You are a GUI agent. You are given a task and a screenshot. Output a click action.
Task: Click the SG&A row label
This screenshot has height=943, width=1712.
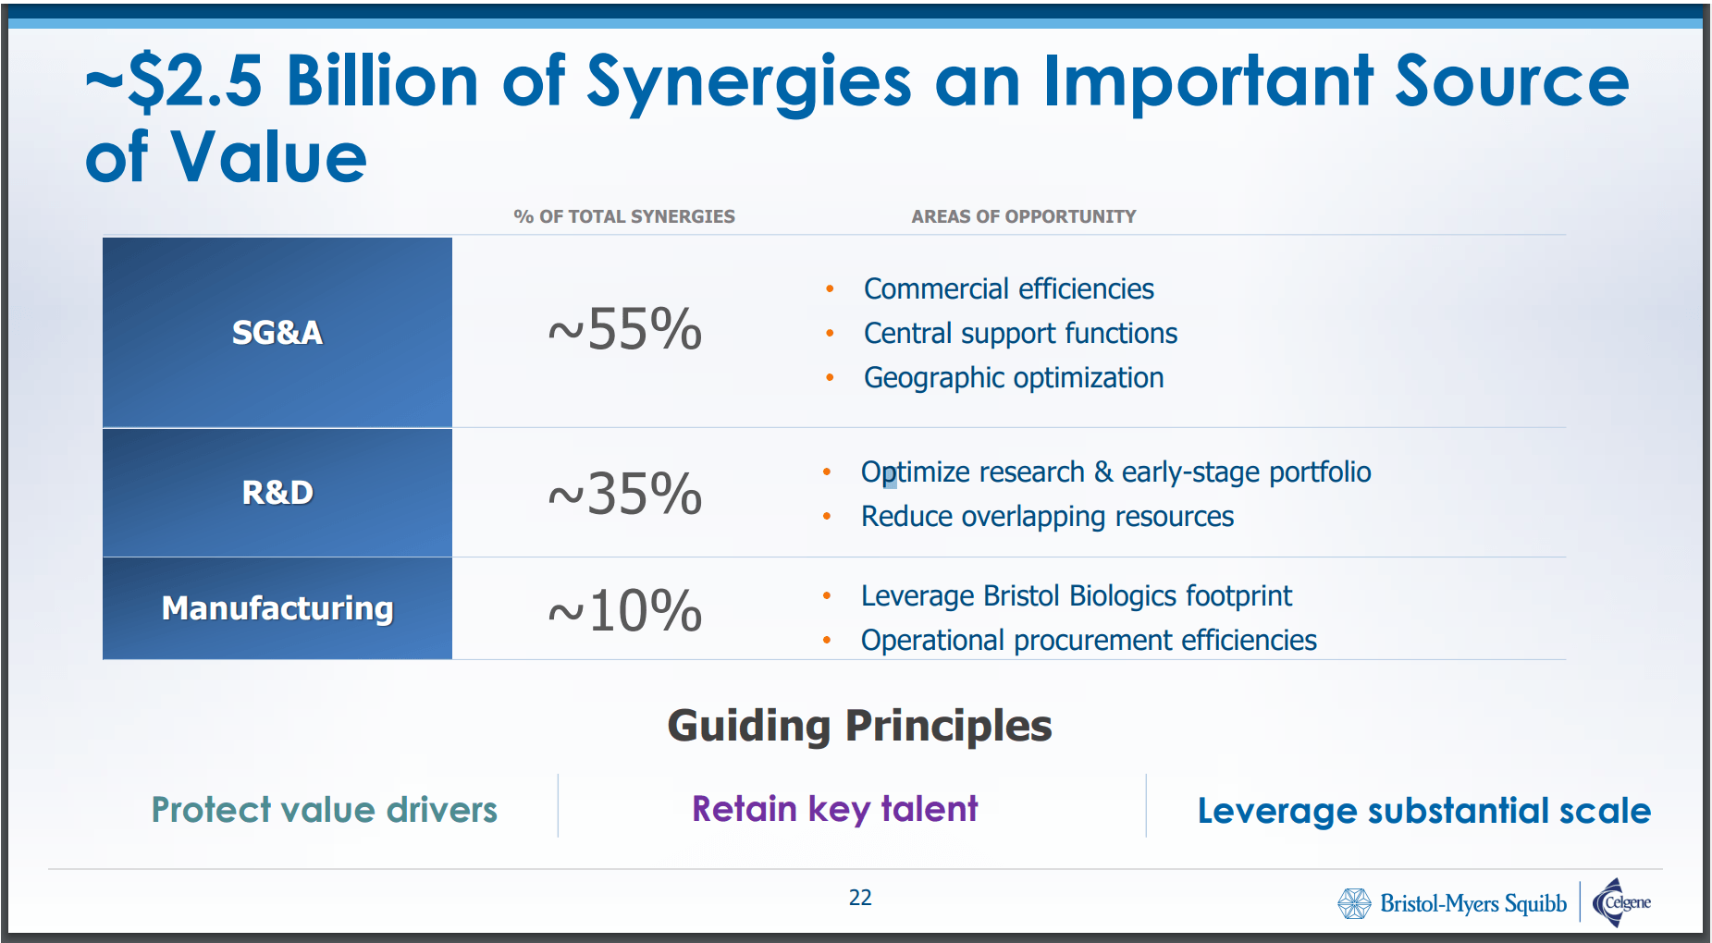pos(277,332)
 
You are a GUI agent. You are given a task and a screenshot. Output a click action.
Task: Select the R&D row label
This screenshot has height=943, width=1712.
pos(277,493)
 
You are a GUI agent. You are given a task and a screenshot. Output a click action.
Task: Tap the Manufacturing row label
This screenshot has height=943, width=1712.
pos(277,608)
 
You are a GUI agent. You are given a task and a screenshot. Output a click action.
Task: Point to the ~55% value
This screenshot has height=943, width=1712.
pos(625,329)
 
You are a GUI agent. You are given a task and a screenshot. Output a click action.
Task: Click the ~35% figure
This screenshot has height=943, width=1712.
pos(625,494)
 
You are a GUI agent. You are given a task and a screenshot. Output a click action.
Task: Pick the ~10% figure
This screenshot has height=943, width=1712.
pos(625,611)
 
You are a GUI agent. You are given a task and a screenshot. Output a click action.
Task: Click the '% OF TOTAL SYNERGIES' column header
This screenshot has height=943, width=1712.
pos(624,216)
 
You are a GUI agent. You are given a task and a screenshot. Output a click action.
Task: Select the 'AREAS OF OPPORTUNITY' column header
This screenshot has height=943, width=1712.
pos(1024,216)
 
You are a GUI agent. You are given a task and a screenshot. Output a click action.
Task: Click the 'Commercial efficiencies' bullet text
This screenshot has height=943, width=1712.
pos(1009,289)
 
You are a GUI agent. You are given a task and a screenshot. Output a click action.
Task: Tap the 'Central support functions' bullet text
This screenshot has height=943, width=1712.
pos(1021,334)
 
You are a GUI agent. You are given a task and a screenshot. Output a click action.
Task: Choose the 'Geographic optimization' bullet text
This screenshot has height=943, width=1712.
pos(1014,378)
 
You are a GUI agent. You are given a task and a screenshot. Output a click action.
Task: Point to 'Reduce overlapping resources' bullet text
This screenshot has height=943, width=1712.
pos(1048,517)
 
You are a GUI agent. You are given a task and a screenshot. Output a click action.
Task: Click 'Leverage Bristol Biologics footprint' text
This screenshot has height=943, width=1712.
pos(1077,596)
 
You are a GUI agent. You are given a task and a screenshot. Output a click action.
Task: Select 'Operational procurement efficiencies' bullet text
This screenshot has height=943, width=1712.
pos(1089,641)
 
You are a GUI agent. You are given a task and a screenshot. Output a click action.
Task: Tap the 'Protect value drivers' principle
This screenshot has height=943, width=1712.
pos(325,810)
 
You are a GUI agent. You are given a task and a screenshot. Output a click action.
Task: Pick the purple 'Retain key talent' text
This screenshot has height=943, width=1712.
pos(835,810)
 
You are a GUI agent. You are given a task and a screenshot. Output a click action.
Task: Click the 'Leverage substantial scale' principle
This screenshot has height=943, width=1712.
pos(1424,811)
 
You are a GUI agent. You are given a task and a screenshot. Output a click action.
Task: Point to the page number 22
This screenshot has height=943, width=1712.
pos(860,898)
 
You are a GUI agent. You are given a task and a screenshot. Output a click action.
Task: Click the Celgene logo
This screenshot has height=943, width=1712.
pos(1621,902)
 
